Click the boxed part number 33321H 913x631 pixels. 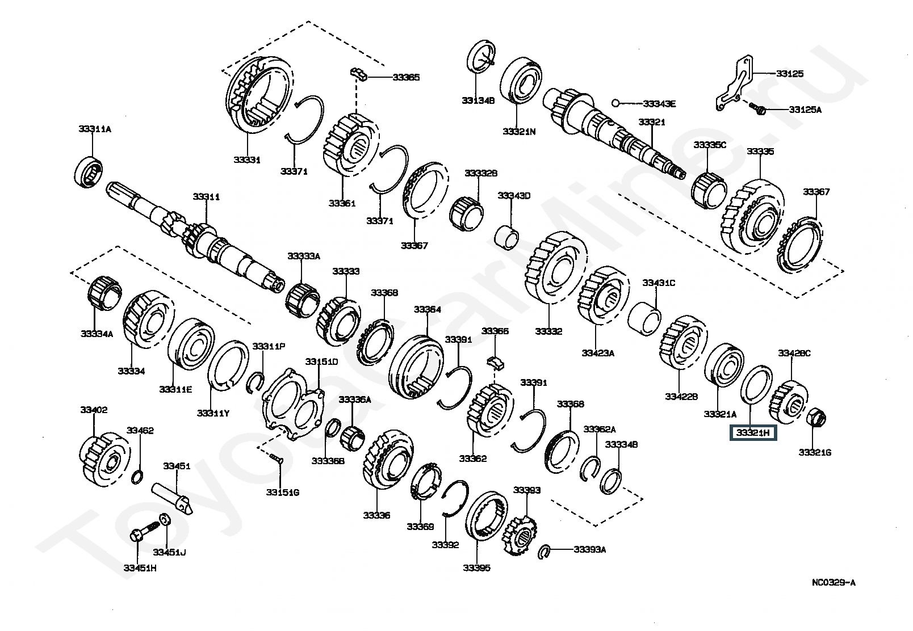753,434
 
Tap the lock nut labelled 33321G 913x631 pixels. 816,419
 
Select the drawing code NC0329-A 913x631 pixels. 833,582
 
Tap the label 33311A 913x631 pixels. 94,129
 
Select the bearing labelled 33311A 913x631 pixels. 90,169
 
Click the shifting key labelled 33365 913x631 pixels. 357,73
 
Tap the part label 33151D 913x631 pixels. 321,361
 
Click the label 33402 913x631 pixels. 94,410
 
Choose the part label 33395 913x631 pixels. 476,568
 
